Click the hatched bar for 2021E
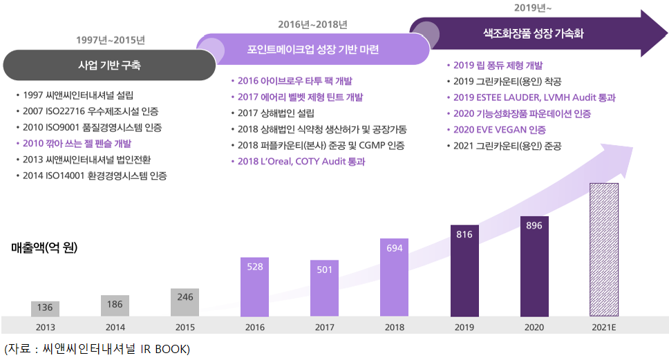[x=603, y=249]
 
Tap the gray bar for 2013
[x=46, y=309]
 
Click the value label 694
[x=395, y=247]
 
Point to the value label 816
[x=464, y=234]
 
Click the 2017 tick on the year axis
[x=325, y=327]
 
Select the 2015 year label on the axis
[x=185, y=327]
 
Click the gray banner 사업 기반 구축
[x=111, y=66]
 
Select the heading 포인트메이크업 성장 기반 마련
[x=313, y=50]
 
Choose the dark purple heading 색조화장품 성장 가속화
[x=533, y=32]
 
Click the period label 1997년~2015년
[x=111, y=39]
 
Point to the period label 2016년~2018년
[x=313, y=24]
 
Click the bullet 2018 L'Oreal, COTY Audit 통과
[x=301, y=161]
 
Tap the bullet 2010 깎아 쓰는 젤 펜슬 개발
[x=77, y=143]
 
